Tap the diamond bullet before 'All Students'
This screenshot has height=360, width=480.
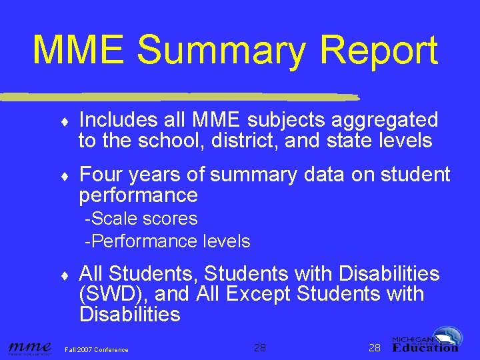coord(63,275)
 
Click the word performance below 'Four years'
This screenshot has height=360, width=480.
coord(138,195)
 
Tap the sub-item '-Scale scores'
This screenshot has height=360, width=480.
coord(141,219)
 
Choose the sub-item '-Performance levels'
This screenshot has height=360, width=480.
coord(167,241)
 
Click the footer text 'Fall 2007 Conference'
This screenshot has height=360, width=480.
coord(97,349)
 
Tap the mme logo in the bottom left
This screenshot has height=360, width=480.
coord(29,347)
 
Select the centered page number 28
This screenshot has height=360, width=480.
coord(260,347)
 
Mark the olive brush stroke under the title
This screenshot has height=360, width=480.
coord(180,96)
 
